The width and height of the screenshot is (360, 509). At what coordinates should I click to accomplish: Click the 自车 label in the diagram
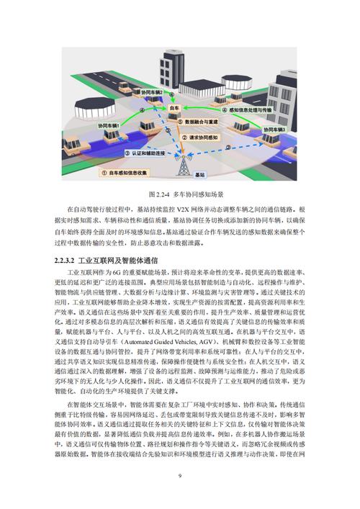(174, 106)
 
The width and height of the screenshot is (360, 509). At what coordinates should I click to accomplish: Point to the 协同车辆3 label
(271, 129)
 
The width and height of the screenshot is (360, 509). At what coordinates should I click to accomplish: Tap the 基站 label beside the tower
(201, 175)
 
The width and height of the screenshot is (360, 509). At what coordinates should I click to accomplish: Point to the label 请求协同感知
(204, 136)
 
